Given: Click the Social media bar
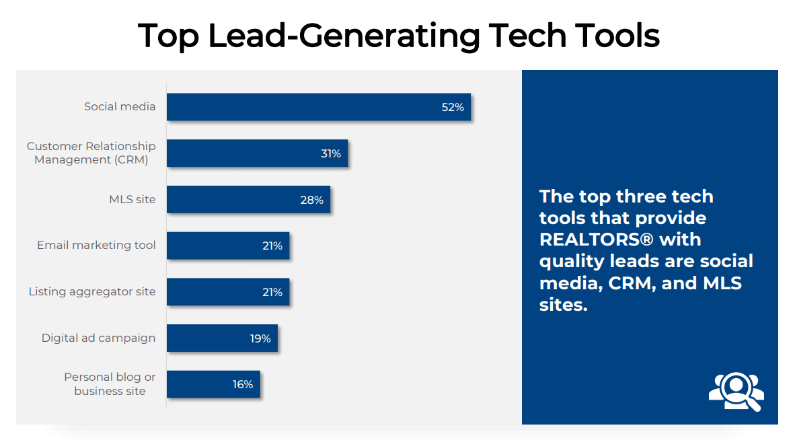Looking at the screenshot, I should [x=318, y=107].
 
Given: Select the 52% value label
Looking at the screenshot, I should [x=453, y=107].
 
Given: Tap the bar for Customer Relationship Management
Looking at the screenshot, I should [x=257, y=153].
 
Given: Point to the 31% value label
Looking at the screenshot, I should [x=330, y=153].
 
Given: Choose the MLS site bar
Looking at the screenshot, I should [x=248, y=200].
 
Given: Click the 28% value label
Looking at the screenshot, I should [x=312, y=200].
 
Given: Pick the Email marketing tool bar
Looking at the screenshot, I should [x=227, y=246].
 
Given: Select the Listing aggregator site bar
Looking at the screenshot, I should [x=227, y=292].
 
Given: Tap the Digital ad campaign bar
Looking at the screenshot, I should [x=222, y=338].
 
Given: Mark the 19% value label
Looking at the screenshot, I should [x=260, y=338].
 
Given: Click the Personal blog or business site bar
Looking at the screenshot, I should [x=213, y=384].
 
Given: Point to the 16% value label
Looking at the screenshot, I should [x=243, y=384].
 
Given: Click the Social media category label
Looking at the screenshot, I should [x=120, y=106].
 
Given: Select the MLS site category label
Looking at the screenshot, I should [x=132, y=199].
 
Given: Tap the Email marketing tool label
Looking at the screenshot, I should [x=96, y=245].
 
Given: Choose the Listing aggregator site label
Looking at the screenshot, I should [x=92, y=291].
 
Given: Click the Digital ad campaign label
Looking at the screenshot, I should [x=98, y=338].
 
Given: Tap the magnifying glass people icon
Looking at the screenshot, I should [x=736, y=391].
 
